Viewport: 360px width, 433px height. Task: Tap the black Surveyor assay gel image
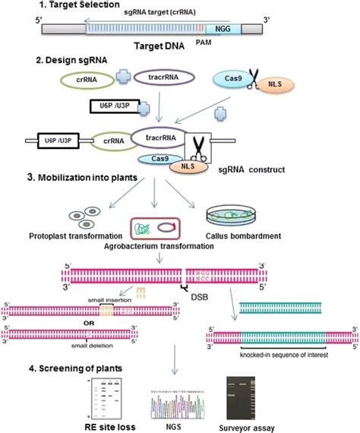266,397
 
